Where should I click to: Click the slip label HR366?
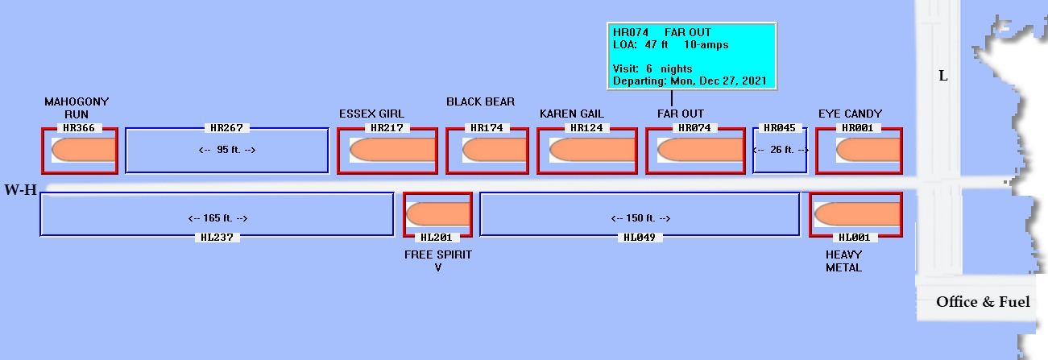click(x=80, y=128)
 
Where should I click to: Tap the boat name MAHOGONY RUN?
click(x=77, y=108)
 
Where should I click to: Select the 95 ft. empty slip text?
click(x=227, y=150)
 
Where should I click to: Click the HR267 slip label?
click(x=226, y=128)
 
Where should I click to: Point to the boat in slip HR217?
click(x=392, y=150)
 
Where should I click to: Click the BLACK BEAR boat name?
click(x=481, y=102)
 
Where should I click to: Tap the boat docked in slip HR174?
click(x=493, y=150)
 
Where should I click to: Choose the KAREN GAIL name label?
click(x=572, y=114)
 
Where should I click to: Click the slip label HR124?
click(x=586, y=128)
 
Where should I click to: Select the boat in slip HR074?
click(x=698, y=150)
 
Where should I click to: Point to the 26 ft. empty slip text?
click(x=780, y=150)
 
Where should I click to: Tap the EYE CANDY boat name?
click(x=850, y=114)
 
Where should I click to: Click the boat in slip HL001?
click(x=856, y=214)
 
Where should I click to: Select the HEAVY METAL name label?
click(x=843, y=261)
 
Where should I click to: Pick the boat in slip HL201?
click(x=437, y=214)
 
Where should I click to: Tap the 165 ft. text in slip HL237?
click(x=217, y=218)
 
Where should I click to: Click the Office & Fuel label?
click(x=983, y=302)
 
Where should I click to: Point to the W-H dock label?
click(x=19, y=190)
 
